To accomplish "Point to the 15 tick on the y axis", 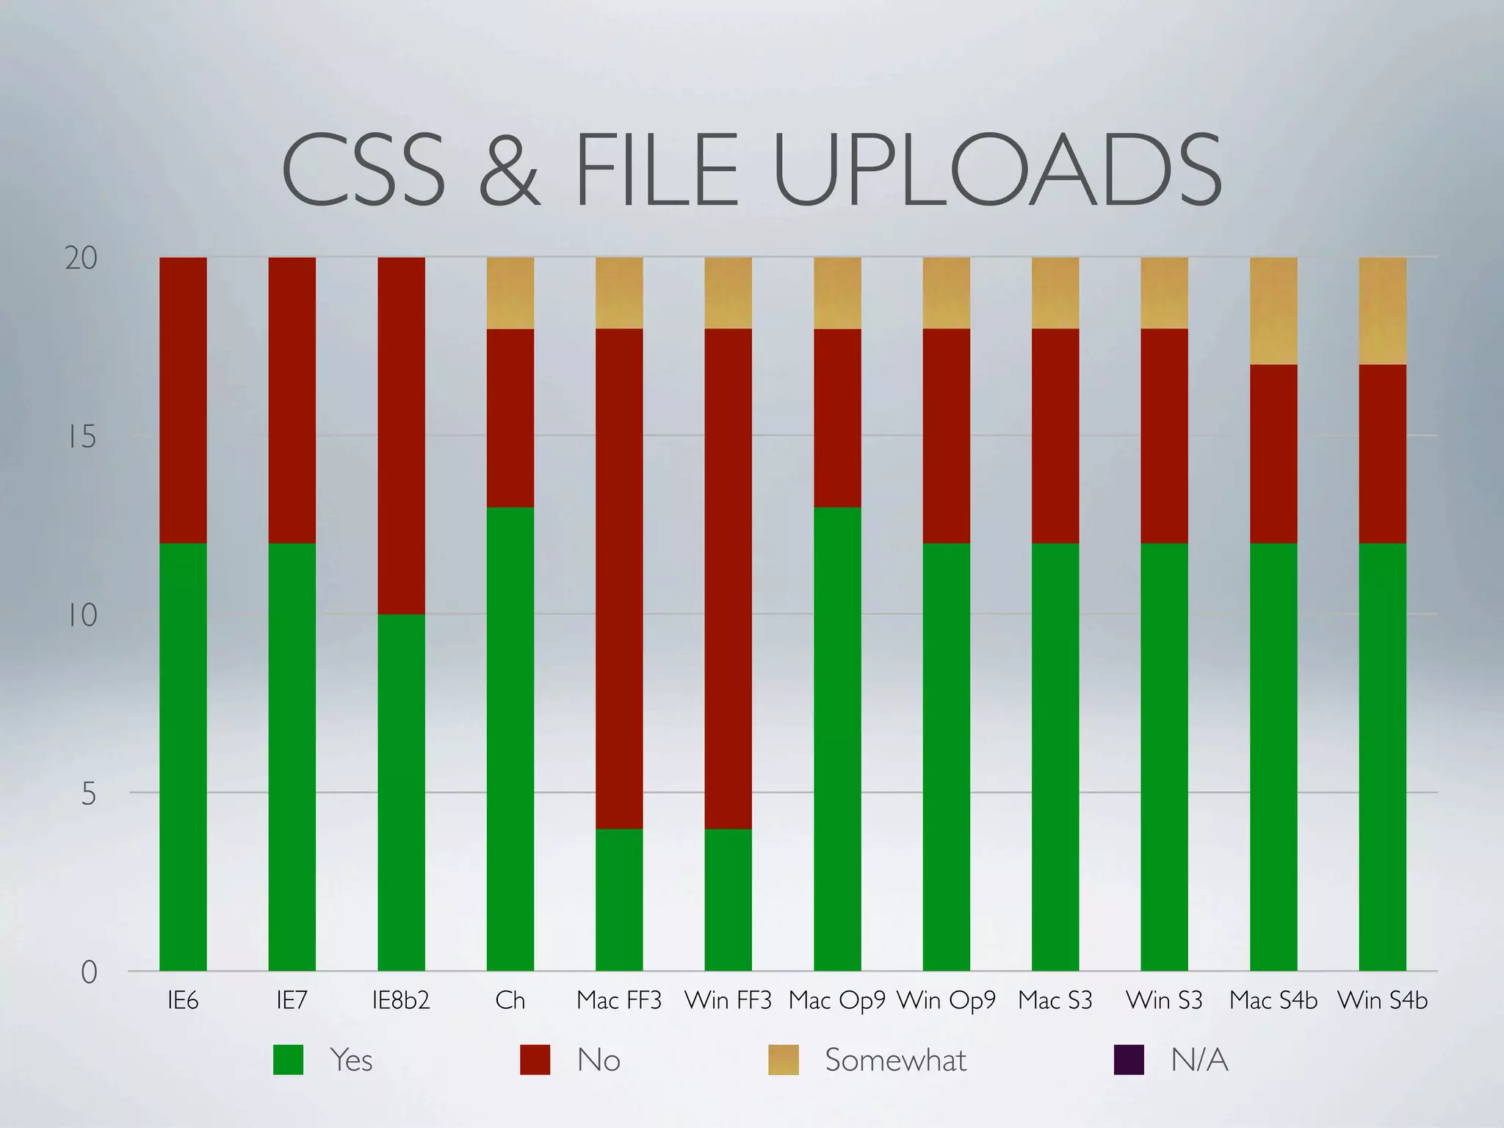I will point(82,437).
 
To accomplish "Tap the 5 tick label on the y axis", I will point(88,794).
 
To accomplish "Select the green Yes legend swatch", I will point(288,1060).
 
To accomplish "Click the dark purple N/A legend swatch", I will point(1129,1060).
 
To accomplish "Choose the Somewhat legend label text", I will point(895,1060).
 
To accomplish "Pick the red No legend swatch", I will point(535,1060).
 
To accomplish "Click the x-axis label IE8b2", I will point(401,1000).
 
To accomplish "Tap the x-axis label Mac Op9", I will point(837,1000).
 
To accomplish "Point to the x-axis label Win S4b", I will point(1382,1000).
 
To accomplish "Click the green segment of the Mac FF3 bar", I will point(619,900).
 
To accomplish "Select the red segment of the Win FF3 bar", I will point(728,579).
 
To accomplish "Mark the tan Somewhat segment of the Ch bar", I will point(510,293).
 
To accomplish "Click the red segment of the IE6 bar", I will point(183,400).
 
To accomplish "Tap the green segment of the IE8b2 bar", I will point(401,792).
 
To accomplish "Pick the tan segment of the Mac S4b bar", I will point(1273,311).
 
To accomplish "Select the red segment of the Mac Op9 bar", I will point(837,418).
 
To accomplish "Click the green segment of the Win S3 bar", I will point(1164,756).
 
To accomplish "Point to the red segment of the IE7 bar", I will point(292,400).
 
